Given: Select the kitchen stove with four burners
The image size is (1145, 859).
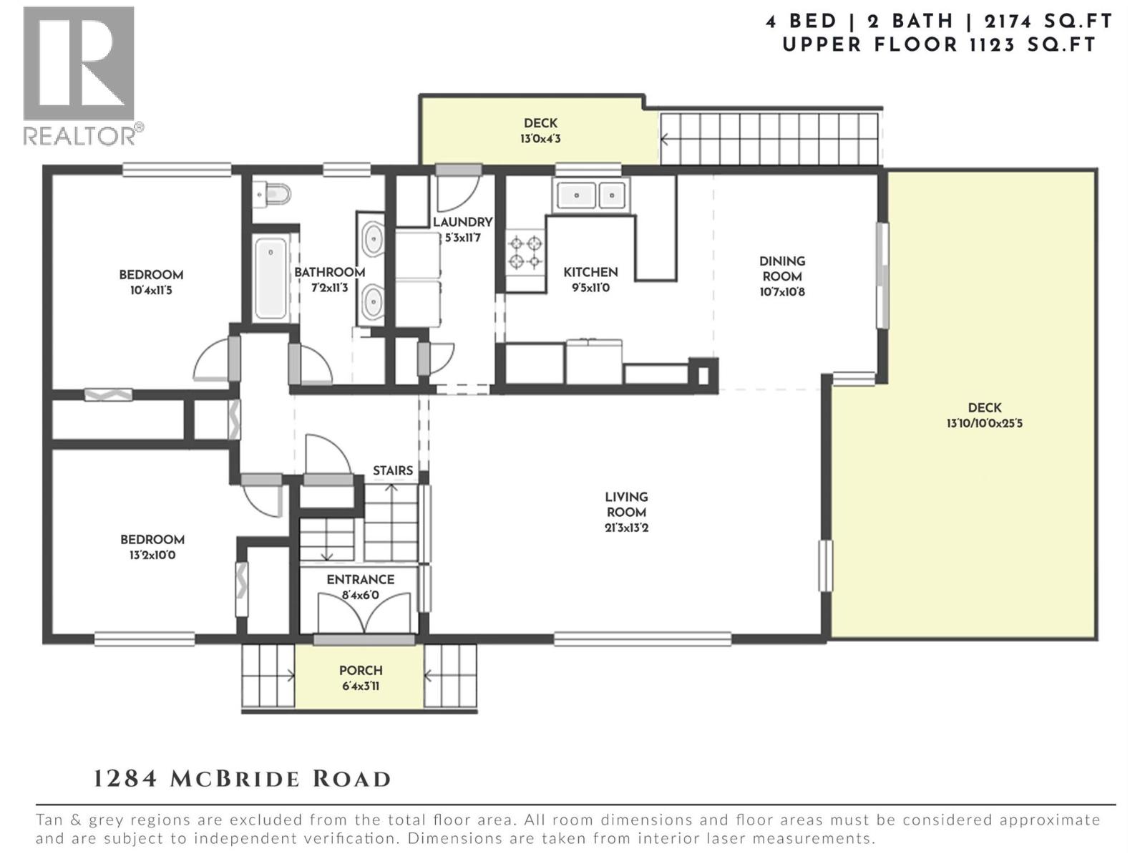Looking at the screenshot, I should coord(525,252).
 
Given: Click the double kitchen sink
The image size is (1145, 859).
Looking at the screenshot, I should coord(591,195).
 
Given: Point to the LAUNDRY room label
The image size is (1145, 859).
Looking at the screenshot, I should coord(462,222).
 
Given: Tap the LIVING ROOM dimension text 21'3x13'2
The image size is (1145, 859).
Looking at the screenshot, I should coord(626,528).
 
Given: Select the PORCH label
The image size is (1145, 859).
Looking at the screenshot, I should coord(361,671).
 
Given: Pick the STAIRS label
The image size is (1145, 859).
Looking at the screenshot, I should coord(393,470).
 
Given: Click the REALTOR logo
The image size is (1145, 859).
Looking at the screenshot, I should coord(79,75).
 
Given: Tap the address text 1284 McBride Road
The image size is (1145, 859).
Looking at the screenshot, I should coord(243,779).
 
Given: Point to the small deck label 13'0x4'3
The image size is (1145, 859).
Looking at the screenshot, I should coord(540,139).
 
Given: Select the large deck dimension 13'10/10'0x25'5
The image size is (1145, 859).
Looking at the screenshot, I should coord(984,423).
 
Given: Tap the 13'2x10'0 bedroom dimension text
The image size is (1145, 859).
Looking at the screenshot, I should coord(152,555).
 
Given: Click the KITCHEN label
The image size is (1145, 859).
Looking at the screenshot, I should coord(590,272).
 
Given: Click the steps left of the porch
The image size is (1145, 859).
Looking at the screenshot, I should coord(268,676).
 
